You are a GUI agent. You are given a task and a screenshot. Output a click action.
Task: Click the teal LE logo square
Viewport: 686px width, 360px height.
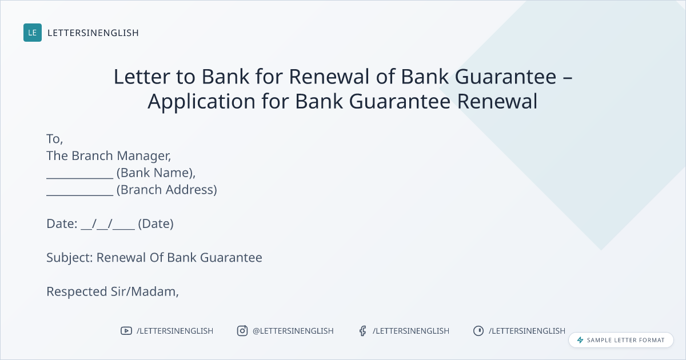[33, 33]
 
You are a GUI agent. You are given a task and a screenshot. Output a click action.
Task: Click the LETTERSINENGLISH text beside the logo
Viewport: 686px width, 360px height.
[93, 33]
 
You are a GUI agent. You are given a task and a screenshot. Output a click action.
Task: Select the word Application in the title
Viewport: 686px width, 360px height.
[201, 102]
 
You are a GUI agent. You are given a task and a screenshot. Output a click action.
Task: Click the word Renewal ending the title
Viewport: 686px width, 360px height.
[497, 101]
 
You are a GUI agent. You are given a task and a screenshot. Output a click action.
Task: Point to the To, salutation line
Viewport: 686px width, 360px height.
[54, 139]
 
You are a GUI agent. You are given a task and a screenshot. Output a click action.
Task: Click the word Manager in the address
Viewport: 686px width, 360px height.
[144, 156]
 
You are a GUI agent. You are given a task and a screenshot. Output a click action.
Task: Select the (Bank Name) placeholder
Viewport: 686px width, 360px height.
[156, 173]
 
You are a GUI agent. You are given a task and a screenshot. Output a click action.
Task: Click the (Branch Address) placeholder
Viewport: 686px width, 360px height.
[167, 190]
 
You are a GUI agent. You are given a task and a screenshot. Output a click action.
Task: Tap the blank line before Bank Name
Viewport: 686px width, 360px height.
[80, 178]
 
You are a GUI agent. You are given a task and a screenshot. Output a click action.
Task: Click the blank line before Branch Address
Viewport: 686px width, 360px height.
[80, 195]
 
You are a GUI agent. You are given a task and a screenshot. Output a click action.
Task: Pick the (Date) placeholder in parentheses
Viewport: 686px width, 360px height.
[156, 224]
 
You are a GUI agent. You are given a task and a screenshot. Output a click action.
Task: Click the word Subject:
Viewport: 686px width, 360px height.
[70, 258]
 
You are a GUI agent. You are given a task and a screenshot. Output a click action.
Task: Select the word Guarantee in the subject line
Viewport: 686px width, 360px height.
[231, 258]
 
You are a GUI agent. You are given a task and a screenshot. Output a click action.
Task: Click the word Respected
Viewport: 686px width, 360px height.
[77, 292]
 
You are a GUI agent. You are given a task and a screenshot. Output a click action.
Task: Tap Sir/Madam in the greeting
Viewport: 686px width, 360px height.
[145, 292]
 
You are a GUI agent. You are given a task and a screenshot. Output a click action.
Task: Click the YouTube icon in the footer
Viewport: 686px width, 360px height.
[126, 331]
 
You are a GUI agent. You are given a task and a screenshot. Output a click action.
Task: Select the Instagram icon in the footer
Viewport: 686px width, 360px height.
[242, 331]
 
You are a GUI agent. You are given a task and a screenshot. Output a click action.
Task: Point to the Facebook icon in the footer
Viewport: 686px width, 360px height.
[363, 331]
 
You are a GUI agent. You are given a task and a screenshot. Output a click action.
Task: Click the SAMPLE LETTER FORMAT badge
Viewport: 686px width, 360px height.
[621, 340]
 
